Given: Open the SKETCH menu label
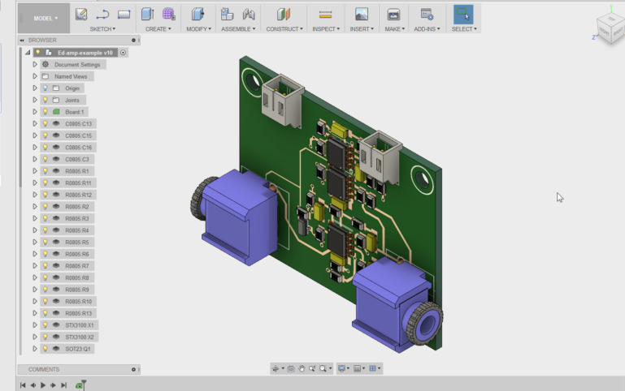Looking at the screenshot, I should [x=102, y=28].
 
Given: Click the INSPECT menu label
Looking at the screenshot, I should [x=325, y=28].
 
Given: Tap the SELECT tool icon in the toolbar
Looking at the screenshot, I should [x=463, y=14].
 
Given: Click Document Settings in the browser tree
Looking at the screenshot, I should [x=77, y=64].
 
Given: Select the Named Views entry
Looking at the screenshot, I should [x=71, y=76].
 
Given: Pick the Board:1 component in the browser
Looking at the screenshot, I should [x=75, y=111].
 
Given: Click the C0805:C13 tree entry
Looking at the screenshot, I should [x=79, y=123].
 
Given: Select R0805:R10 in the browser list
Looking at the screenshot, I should [x=79, y=301].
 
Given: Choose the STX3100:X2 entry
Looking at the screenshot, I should [x=80, y=337].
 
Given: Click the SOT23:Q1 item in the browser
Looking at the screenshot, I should [x=77, y=348].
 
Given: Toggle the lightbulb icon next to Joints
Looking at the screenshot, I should [x=46, y=100].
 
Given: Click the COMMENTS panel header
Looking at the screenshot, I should [x=44, y=369].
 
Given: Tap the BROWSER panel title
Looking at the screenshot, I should [x=42, y=40].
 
